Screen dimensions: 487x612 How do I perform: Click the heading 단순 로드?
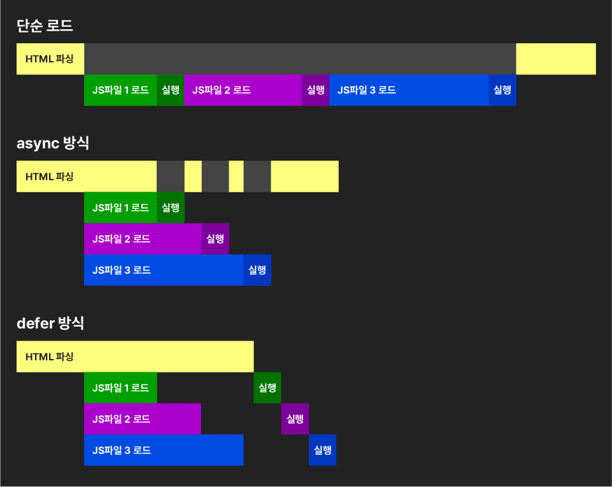[45, 26]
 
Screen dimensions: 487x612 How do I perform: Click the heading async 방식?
[53, 143]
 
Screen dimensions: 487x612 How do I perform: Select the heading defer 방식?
[50, 323]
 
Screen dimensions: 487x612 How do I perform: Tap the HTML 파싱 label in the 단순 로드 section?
[50, 59]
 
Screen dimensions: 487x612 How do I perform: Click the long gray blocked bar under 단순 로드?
[299, 59]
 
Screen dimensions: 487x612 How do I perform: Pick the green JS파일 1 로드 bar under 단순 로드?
[120, 90]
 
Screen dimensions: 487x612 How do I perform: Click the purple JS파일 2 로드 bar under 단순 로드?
[243, 90]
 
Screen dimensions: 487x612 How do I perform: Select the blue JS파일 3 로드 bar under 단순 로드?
[409, 90]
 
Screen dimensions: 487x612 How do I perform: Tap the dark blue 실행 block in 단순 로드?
[502, 90]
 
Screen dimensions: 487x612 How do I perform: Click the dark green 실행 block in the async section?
[171, 208]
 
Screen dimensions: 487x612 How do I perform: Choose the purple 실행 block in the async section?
[215, 239]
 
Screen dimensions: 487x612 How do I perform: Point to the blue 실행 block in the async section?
[257, 270]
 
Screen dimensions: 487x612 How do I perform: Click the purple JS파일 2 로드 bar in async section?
[143, 239]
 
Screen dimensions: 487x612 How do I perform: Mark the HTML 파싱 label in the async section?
[50, 176]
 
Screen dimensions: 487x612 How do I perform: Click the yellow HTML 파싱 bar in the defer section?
[135, 356]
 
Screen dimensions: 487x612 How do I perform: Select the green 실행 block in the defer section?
[267, 388]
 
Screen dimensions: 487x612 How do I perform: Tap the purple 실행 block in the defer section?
[295, 419]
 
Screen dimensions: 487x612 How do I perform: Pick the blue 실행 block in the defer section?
[323, 450]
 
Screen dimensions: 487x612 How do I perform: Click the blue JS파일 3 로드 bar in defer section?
[164, 450]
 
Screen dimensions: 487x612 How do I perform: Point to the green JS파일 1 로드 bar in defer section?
[120, 388]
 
